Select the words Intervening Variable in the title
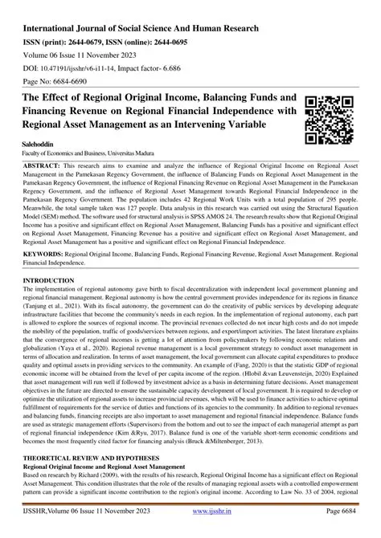234,123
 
